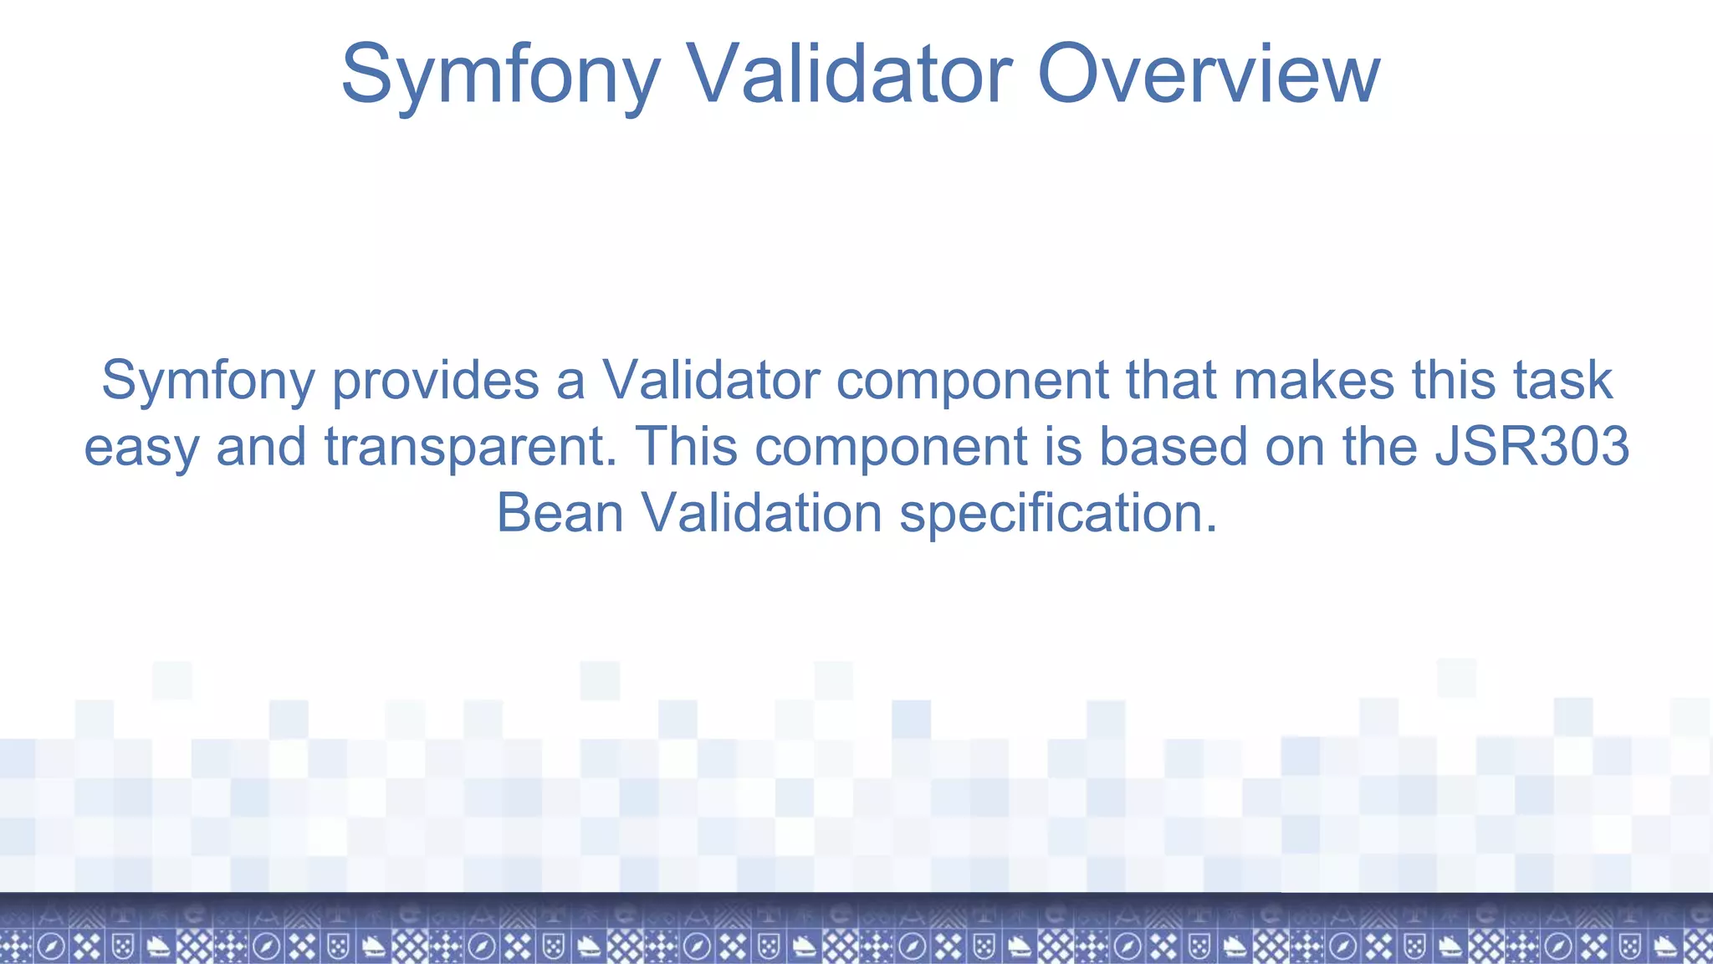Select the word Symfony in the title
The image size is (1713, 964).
click(x=500, y=75)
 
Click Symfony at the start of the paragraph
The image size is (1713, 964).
click(x=207, y=381)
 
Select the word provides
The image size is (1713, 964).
click(x=435, y=381)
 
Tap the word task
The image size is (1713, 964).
click(x=1562, y=381)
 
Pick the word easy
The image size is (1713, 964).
click(x=141, y=447)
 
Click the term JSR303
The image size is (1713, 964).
click(x=1532, y=447)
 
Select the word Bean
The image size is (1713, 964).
click(x=560, y=513)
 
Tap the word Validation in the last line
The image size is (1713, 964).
click(x=761, y=513)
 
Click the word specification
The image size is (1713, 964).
click(x=1058, y=513)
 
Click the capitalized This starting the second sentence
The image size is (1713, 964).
click(x=686, y=447)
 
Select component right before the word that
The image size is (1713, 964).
click(x=972, y=381)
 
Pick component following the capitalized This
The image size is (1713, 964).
click(x=890, y=447)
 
